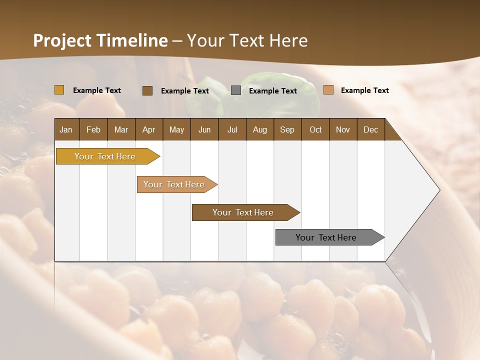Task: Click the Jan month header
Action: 66,129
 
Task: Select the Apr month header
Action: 148,129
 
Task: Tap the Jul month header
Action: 232,129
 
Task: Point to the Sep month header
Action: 287,129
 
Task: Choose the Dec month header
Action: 370,129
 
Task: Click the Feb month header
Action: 93,129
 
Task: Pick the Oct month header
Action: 315,129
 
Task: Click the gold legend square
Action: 59,90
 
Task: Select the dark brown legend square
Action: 147,90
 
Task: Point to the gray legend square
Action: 236,90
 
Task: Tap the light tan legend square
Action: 328,90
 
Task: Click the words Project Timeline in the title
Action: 100,40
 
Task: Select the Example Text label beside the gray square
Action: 273,91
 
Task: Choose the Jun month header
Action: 204,129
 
